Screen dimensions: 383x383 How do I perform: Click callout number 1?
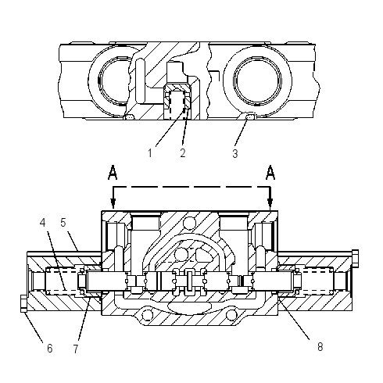(x=150, y=152)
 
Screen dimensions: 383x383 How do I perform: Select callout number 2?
(x=183, y=152)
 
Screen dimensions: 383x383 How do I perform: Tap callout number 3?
(x=235, y=153)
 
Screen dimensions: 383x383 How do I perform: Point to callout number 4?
(x=43, y=223)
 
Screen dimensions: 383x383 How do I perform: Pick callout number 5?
(x=63, y=223)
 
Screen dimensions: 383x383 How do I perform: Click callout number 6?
(x=49, y=348)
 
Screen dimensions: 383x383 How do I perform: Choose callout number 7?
(x=76, y=349)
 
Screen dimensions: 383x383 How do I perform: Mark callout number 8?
(x=320, y=347)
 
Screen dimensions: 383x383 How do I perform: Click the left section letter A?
(x=113, y=173)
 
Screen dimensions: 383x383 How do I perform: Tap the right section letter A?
(x=270, y=173)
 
